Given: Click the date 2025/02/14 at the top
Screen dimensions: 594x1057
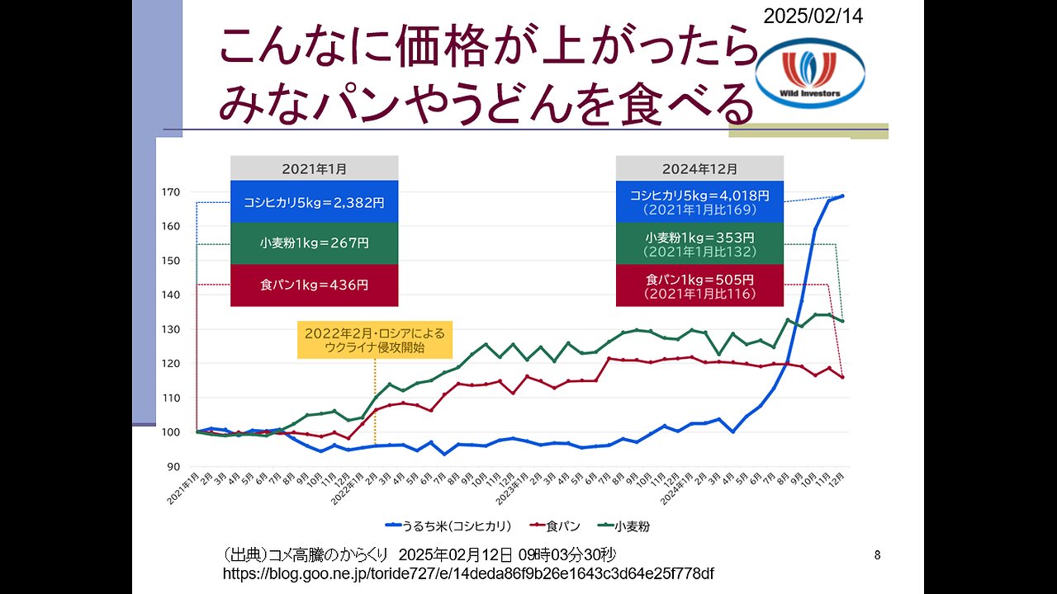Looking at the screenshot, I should [x=813, y=16].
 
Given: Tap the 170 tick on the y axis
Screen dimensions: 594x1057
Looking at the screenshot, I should [x=170, y=192].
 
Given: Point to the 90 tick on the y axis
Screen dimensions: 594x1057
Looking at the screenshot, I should [x=173, y=467].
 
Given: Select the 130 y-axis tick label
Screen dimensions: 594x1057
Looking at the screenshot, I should [x=170, y=329].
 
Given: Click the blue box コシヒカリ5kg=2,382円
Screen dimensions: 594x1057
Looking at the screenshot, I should [x=314, y=201].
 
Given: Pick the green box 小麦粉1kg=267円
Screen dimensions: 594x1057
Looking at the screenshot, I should [x=314, y=243].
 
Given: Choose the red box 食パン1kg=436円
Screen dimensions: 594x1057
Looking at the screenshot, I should [x=314, y=285].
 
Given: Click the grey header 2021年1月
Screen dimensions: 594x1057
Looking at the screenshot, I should [x=314, y=168].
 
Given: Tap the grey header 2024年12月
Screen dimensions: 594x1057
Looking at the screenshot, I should [x=699, y=168].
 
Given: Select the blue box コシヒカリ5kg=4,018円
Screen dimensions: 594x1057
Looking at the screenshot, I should [x=699, y=201].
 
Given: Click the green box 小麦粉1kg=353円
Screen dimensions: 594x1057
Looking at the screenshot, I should [x=699, y=243].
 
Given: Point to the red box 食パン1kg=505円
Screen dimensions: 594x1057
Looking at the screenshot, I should [x=699, y=285].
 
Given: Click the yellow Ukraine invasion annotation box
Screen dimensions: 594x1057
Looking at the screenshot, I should [x=375, y=340].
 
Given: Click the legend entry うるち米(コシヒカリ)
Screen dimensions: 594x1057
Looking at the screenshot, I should [x=450, y=525].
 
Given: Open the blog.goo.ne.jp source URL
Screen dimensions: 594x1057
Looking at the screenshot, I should [x=468, y=573].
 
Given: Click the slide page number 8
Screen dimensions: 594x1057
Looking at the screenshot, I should [x=877, y=555].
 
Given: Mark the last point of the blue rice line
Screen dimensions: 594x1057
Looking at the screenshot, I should [x=842, y=196].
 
